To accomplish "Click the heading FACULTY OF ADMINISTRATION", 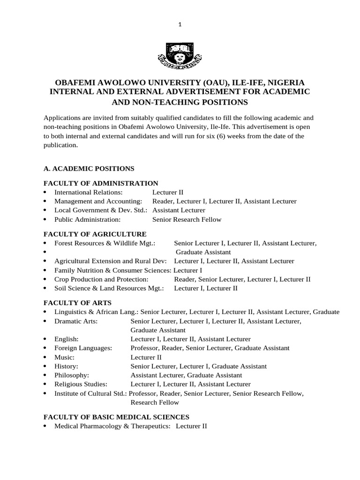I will [101, 183].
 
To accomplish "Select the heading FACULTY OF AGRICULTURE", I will [95, 234].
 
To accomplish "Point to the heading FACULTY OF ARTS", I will [77, 303].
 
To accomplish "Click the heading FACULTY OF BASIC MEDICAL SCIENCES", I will [116, 416].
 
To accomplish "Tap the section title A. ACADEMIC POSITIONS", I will [89, 168].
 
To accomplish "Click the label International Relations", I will [89, 192].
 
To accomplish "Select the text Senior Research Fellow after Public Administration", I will [187, 219].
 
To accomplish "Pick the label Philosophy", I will [72, 375].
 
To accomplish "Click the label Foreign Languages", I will [83, 348].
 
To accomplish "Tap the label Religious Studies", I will [81, 384].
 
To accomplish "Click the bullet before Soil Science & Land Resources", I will [45, 288].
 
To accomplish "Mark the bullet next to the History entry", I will [45, 366].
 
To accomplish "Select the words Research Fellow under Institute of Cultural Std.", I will [155, 402].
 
